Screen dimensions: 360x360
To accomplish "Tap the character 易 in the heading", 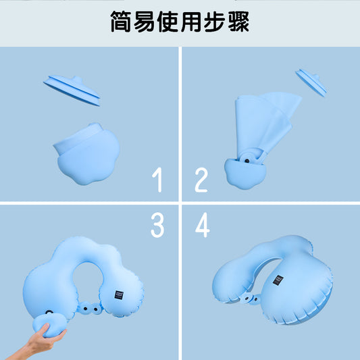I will click(147, 22).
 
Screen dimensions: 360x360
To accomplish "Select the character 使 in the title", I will click(173, 22).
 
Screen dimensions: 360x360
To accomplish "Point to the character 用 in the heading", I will click(199, 22).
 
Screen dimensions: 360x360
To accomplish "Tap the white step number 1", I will click(157, 181).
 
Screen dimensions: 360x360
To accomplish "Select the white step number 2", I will click(201, 181).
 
